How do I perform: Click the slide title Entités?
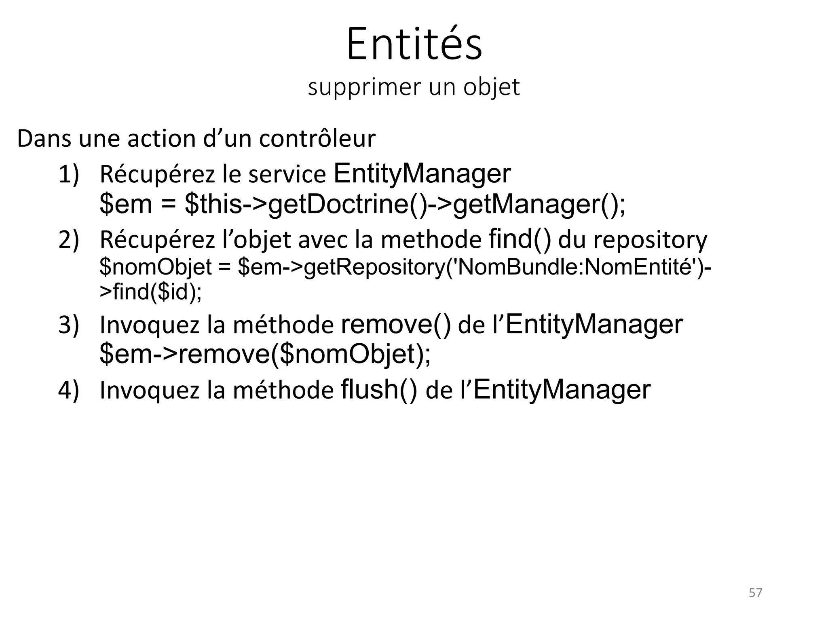tap(414, 44)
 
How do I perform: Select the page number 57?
tap(755, 593)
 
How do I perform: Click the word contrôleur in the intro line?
tap(317, 139)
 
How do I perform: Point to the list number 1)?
tap(69, 175)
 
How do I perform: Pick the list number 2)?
tap(69, 240)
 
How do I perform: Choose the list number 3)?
tap(69, 325)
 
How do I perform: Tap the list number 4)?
tap(69, 391)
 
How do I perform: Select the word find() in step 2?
tap(520, 239)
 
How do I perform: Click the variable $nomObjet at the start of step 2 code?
tap(156, 267)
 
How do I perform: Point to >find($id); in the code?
tap(150, 291)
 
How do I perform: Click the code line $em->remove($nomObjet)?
tap(265, 354)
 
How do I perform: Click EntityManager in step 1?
tap(422, 174)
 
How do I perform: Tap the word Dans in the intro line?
tap(44, 139)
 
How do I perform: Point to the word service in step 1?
tap(287, 175)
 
